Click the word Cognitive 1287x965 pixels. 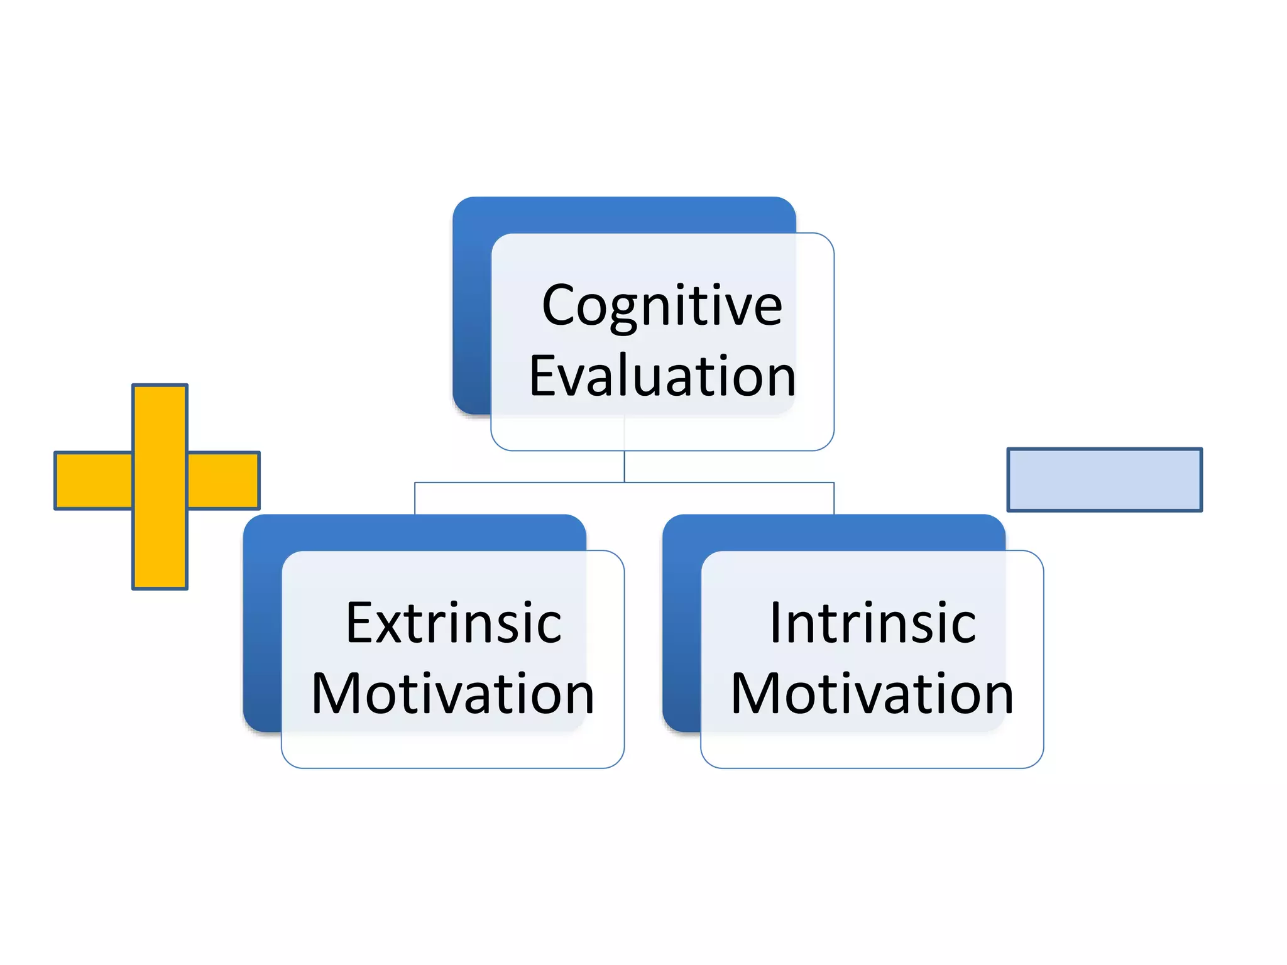click(662, 306)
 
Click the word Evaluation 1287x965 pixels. click(662, 377)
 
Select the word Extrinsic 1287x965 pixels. click(453, 623)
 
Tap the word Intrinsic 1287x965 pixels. click(872, 623)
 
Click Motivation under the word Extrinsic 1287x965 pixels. click(452, 694)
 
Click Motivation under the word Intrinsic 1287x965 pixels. click(872, 694)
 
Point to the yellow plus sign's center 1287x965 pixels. click(160, 480)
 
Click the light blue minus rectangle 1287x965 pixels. click(1104, 480)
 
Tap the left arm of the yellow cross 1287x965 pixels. click(93, 480)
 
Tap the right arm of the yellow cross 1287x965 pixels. click(224, 480)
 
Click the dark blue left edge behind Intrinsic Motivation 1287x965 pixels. click(681, 628)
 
